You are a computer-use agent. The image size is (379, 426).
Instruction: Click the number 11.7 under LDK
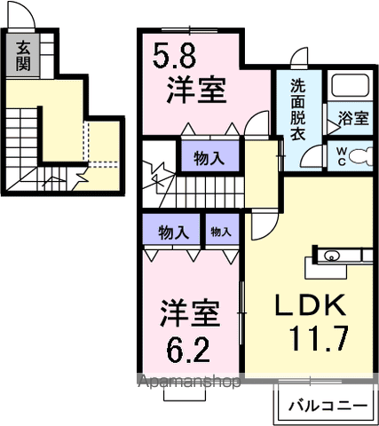(318, 338)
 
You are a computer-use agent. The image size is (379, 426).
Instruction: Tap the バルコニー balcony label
(326, 406)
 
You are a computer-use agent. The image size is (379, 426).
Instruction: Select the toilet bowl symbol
(359, 156)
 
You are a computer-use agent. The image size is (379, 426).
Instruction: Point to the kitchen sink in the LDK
(330, 257)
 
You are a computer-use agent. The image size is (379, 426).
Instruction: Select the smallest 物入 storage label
(221, 233)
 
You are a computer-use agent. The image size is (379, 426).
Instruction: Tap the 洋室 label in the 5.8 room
(196, 91)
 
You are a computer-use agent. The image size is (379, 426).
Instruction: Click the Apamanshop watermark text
(186, 383)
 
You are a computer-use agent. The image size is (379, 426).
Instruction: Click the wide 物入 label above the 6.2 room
(173, 233)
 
